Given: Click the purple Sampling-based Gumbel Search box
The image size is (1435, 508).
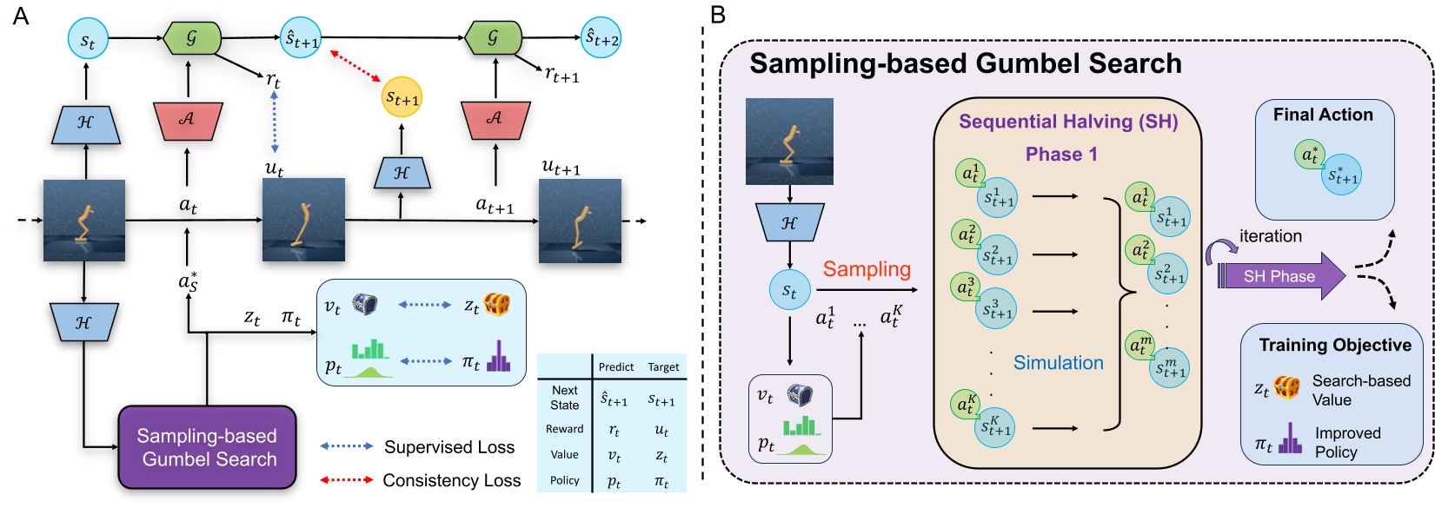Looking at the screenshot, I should click(x=207, y=447).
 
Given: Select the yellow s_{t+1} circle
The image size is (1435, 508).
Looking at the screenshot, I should click(x=402, y=97).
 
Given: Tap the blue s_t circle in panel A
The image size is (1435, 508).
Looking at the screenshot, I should click(x=87, y=40).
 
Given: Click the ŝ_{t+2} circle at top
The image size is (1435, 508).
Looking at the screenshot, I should click(x=601, y=37).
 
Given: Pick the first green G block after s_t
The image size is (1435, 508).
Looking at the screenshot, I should click(x=191, y=38).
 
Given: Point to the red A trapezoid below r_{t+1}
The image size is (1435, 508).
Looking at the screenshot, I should click(x=495, y=119).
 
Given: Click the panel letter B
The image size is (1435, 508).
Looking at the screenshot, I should click(x=718, y=15).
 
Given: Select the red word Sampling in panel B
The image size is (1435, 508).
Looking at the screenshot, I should click(x=867, y=269).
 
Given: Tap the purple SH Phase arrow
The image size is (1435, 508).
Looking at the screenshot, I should click(x=1279, y=276).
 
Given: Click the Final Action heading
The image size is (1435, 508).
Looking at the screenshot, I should click(x=1323, y=115).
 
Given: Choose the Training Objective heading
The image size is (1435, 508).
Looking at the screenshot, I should click(x=1335, y=345).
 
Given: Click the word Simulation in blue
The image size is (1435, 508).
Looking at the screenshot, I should click(x=1058, y=363).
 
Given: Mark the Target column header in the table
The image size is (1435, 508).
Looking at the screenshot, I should click(x=662, y=367).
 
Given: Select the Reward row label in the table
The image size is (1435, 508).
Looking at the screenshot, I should click(x=564, y=429).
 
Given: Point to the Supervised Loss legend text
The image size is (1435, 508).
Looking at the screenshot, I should click(x=449, y=447).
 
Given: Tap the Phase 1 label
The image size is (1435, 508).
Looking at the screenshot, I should click(x=1061, y=155).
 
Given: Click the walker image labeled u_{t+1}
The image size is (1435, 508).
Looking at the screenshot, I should click(x=580, y=221).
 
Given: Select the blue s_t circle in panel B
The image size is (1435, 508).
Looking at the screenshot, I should click(x=789, y=290).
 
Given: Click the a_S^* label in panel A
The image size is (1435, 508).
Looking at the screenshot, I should click(x=188, y=281).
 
